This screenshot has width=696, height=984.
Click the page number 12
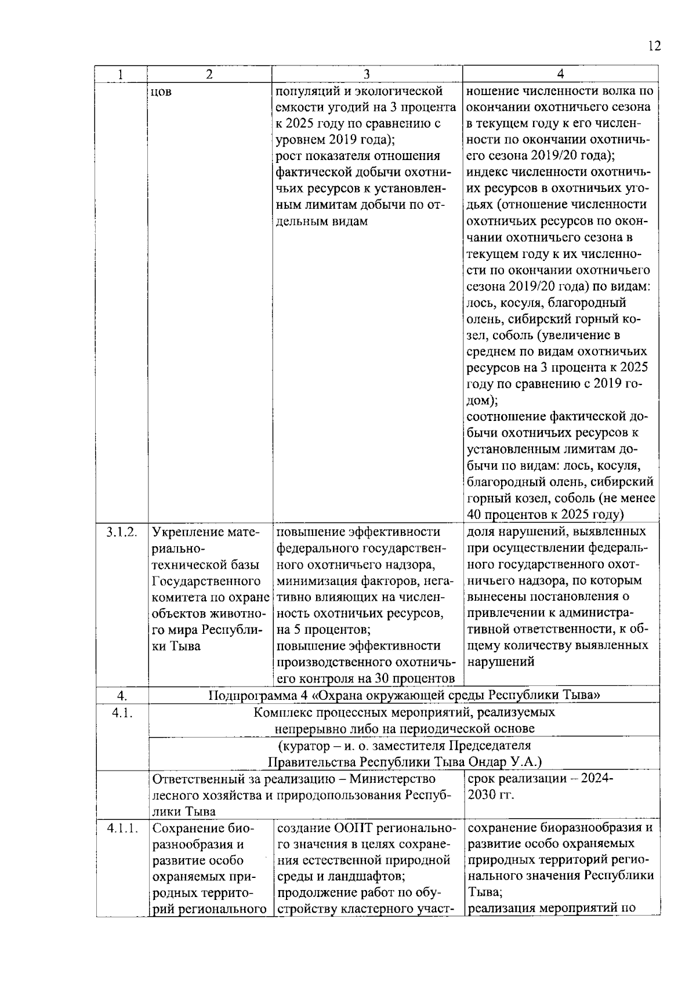654,46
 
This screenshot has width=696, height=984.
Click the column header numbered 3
367,74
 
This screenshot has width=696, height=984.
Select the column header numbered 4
560,74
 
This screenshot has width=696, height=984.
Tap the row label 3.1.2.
122,532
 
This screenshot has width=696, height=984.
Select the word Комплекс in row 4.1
282,712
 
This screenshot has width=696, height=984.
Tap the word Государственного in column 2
206,581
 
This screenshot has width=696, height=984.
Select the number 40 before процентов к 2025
474,514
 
